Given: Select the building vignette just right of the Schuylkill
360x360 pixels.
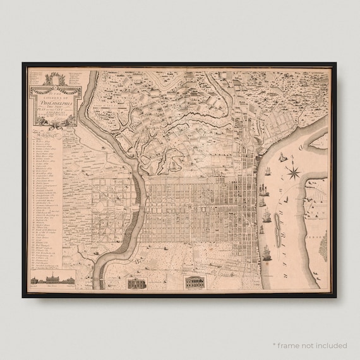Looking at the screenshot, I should (x=135, y=283).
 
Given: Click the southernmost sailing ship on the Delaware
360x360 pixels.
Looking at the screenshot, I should (x=267, y=254).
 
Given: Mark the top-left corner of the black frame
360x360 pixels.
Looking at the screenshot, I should (x=23, y=64).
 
